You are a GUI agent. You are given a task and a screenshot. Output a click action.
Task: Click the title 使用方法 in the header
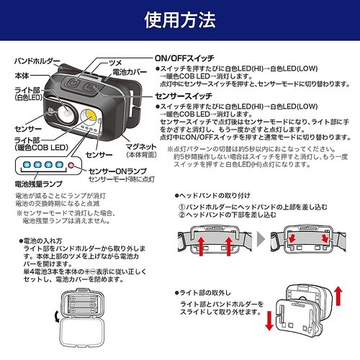tap(180, 20)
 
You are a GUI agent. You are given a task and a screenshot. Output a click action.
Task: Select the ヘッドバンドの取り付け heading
tap(217, 197)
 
